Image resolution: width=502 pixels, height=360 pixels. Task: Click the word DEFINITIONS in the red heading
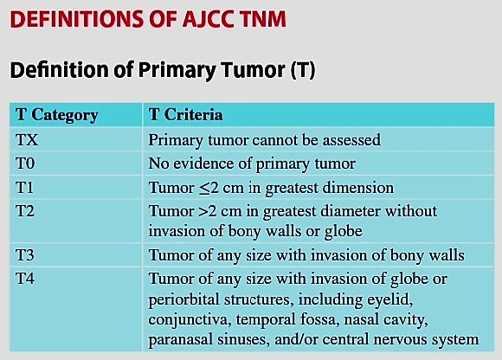(x=77, y=19)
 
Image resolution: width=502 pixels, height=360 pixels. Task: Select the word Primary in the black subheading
(x=177, y=70)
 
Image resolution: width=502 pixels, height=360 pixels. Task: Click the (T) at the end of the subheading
(x=303, y=70)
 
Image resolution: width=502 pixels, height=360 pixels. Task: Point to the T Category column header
(x=56, y=115)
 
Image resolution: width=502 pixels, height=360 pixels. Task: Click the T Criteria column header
(x=186, y=114)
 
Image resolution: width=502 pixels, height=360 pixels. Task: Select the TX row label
(x=27, y=140)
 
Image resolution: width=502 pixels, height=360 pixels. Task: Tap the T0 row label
(x=25, y=164)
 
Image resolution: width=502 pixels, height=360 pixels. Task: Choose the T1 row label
(x=24, y=187)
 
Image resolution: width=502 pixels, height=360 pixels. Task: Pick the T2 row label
(x=25, y=211)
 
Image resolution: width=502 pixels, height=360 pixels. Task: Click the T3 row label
(x=25, y=255)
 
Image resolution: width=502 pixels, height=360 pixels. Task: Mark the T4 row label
(x=25, y=279)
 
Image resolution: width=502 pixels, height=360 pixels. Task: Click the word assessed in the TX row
(x=351, y=140)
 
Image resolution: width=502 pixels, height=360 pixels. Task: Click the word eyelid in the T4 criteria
(x=389, y=299)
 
